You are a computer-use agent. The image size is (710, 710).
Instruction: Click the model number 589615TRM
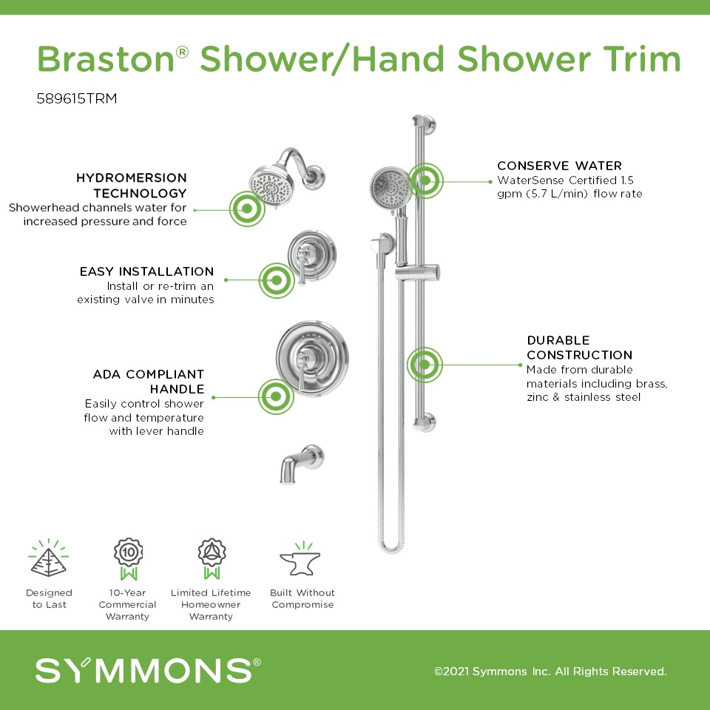(76, 98)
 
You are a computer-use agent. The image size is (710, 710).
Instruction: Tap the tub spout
(301, 464)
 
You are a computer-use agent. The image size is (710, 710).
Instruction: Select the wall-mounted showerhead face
(271, 186)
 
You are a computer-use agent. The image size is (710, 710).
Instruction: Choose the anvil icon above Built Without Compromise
(300, 559)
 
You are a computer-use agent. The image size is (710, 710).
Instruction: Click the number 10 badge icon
(129, 559)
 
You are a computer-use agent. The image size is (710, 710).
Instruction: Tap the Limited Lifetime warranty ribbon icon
(212, 559)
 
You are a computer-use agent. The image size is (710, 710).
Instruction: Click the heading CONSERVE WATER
(559, 166)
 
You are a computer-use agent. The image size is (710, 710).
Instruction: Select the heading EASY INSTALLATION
(146, 271)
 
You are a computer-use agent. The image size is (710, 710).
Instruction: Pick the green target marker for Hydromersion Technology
(247, 209)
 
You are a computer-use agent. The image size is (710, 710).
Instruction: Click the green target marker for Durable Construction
(425, 365)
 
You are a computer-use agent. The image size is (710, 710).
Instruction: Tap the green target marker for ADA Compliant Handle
(276, 396)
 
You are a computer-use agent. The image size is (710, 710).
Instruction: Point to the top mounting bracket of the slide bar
(424, 124)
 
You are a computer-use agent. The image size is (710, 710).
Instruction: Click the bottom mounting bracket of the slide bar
(425, 423)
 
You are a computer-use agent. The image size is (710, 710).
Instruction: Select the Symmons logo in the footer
(148, 670)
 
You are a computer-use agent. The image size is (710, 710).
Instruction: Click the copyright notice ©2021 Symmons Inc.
(550, 671)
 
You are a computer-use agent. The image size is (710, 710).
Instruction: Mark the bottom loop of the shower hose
(390, 547)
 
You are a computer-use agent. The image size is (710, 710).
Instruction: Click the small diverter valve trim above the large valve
(311, 256)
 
